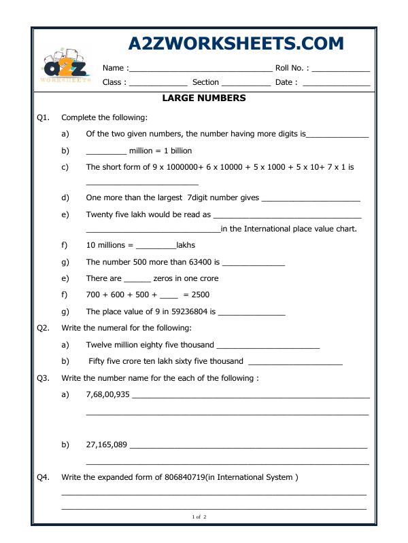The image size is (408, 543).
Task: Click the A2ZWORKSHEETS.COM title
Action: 236,43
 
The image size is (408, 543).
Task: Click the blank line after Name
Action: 200,69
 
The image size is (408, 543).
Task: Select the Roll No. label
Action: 292,68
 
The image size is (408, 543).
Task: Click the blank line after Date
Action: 336,83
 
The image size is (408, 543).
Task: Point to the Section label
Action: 205,82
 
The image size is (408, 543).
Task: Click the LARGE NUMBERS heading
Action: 204,98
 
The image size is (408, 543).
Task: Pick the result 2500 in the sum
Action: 200,295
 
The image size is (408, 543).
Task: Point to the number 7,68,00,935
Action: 107,394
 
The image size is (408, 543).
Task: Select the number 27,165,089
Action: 106,445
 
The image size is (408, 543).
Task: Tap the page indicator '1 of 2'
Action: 199,517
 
